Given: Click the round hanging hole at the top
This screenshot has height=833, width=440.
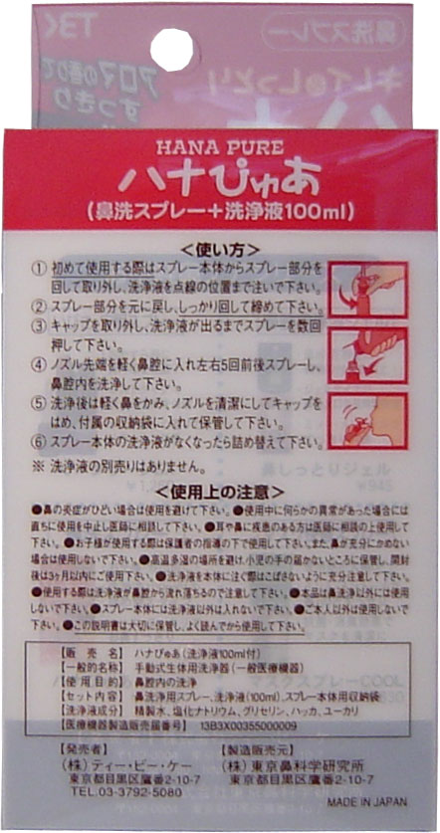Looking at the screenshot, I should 173,49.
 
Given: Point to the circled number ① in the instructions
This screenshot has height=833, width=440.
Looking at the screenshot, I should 39,269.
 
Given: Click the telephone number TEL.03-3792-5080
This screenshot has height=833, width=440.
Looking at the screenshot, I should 99,794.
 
